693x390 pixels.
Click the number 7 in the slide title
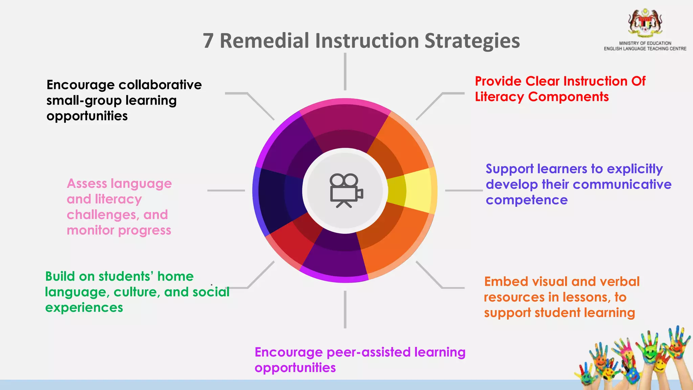(x=208, y=41)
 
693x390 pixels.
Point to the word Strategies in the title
(x=472, y=41)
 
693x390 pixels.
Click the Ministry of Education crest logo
(x=645, y=23)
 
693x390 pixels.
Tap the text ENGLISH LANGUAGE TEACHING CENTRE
(x=645, y=49)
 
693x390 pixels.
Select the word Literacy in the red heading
(x=499, y=97)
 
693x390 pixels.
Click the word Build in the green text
(x=60, y=277)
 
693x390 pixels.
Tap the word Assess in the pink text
(x=86, y=183)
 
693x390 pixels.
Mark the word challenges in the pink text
(x=103, y=215)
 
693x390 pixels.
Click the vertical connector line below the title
(x=345, y=72)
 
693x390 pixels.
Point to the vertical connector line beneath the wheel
(x=345, y=309)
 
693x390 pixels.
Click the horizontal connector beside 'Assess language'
(x=226, y=191)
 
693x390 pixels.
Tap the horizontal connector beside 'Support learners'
(x=464, y=191)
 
